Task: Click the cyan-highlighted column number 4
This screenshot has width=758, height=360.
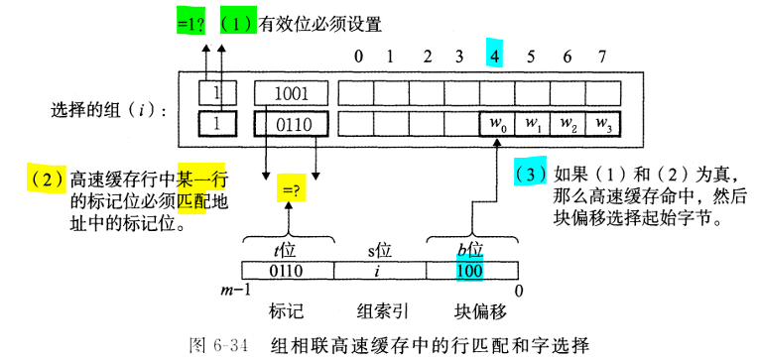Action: tap(495, 57)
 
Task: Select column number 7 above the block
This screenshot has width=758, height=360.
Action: tap(600, 57)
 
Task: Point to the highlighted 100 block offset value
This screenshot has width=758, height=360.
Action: tap(470, 269)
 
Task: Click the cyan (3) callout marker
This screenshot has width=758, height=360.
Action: tap(532, 174)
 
